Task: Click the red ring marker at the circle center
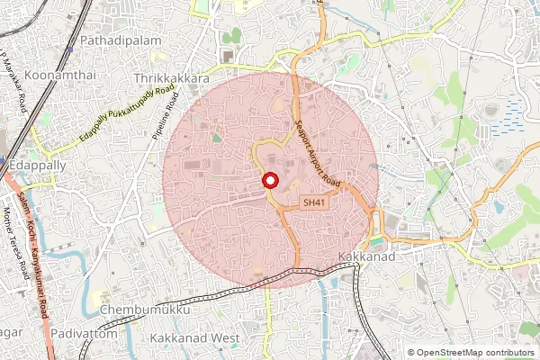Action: [x=269, y=181]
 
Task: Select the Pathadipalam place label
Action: [x=120, y=41]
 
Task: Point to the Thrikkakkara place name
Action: [x=166, y=79]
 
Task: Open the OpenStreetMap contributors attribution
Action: [x=476, y=352]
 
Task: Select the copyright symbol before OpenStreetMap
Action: [x=411, y=352]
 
